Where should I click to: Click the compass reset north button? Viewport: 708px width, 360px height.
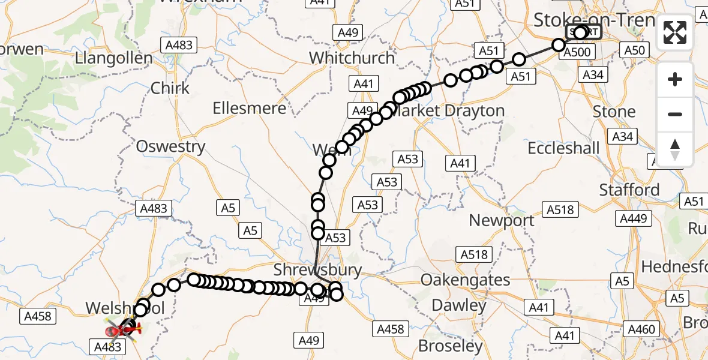click(x=675, y=149)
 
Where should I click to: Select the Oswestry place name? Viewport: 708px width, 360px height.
click(x=170, y=146)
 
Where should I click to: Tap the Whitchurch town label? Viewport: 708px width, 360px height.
click(x=352, y=58)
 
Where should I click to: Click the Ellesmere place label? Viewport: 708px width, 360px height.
click(x=250, y=109)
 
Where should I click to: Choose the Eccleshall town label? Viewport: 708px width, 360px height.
click(x=563, y=148)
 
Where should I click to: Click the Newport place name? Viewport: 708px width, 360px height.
click(x=502, y=220)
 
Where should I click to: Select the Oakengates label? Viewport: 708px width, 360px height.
click(x=465, y=280)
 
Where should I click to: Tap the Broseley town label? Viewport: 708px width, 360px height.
click(x=451, y=346)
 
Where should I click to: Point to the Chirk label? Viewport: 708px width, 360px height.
click(x=170, y=88)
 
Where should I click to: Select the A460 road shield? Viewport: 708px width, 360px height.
click(x=641, y=329)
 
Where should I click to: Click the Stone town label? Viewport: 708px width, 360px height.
click(x=614, y=112)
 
